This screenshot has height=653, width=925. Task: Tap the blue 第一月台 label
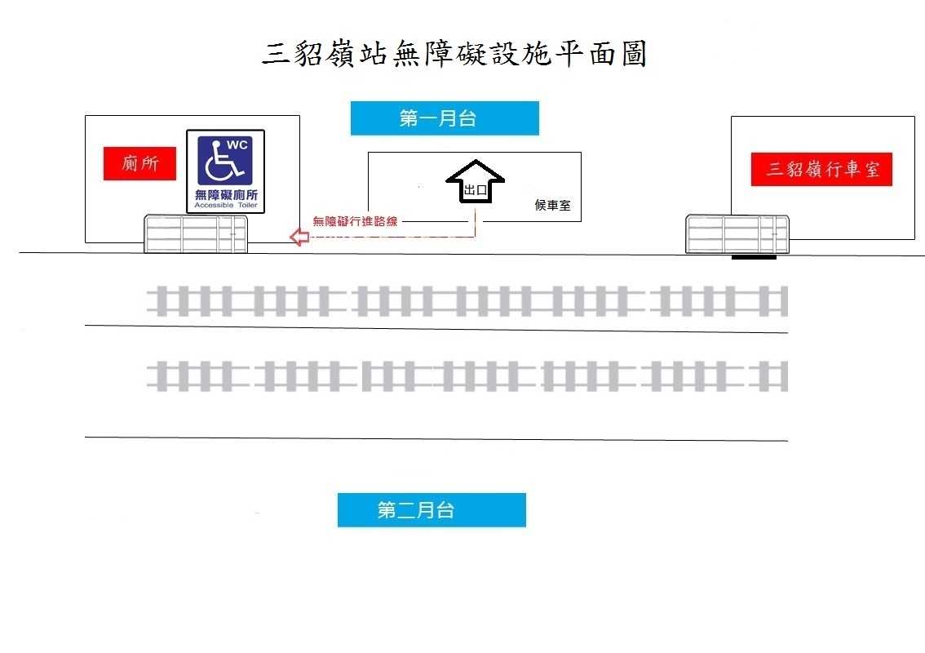pos(445,118)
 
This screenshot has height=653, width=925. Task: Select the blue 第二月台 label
pos(432,510)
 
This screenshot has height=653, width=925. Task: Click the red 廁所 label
pos(139,163)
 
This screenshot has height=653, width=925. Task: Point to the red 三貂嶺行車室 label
pos(821,170)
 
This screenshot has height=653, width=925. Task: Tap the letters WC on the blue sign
pos(237,144)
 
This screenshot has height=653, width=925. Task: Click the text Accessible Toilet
pos(226,206)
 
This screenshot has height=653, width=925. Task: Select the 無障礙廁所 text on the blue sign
pos(226,195)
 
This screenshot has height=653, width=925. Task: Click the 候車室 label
pos(552,205)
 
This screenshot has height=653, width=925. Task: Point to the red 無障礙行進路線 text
pos(355,221)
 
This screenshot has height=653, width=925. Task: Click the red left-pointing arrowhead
pos(299,237)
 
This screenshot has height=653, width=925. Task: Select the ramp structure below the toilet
pos(196,233)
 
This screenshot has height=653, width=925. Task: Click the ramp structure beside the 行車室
pos(737,233)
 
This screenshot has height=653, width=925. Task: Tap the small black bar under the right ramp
pos(754,258)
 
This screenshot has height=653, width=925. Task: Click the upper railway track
pos(467,301)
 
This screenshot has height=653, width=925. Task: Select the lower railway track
pos(467,376)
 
